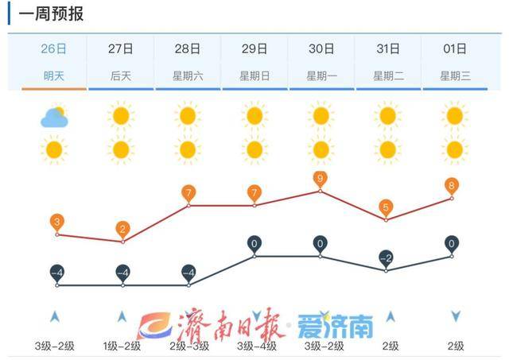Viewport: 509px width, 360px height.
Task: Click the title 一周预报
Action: [x=50, y=14]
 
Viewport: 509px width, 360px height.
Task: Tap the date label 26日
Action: [x=54, y=48]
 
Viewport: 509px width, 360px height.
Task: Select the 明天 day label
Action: [x=54, y=75]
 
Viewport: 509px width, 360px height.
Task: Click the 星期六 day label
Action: [x=188, y=75]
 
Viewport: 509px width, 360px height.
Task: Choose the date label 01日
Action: [x=455, y=48]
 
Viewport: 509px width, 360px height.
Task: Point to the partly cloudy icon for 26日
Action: [x=54, y=118]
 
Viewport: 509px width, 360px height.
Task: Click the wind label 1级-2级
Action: [x=121, y=346]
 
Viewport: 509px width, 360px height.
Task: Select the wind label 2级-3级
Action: [x=188, y=346]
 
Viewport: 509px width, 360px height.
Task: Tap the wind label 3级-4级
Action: [x=254, y=346]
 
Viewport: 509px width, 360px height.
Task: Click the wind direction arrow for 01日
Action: [x=455, y=316]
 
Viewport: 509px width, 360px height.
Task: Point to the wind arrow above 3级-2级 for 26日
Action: [x=54, y=316]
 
